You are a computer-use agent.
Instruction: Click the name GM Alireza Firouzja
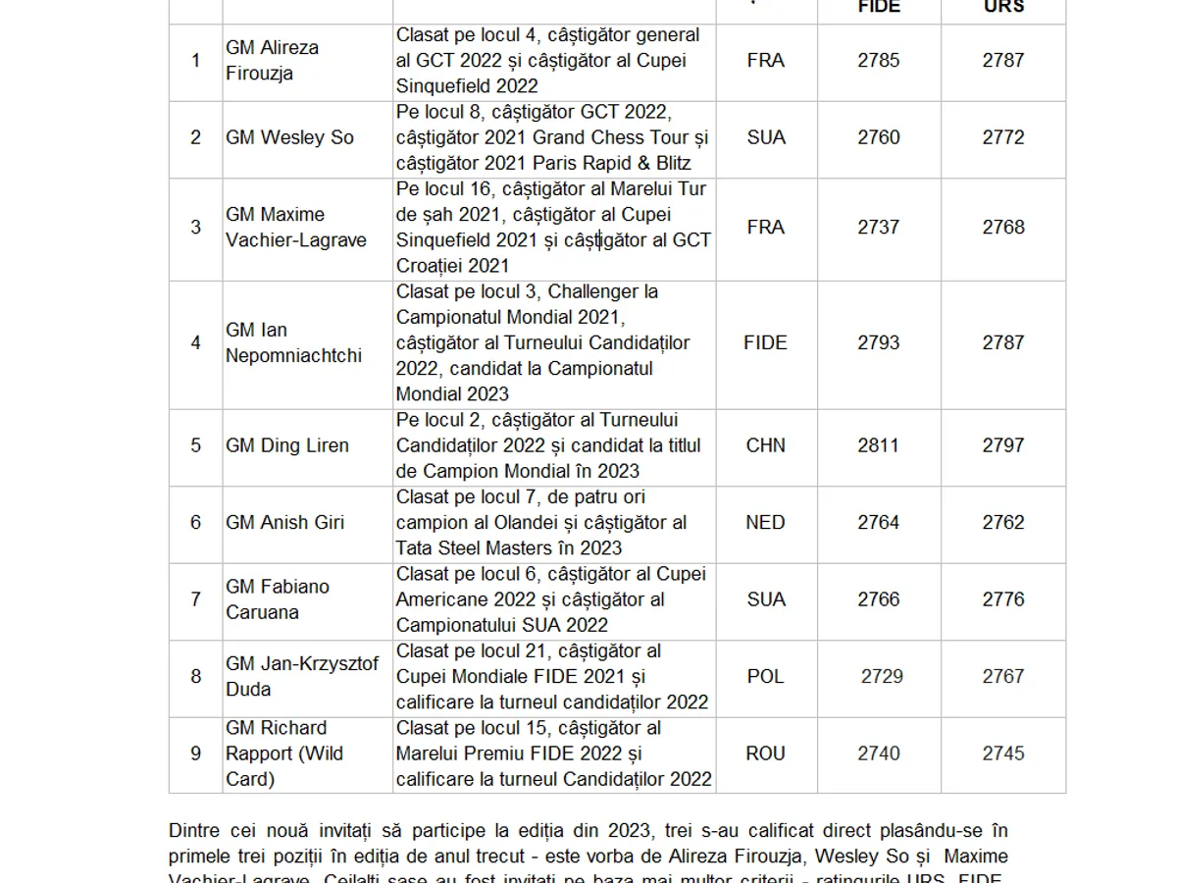click(272, 60)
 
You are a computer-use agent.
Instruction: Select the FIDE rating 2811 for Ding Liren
click(878, 445)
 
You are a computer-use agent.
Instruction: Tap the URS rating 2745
click(1003, 753)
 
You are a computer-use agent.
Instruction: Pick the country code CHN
click(765, 445)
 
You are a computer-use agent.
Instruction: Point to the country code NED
click(765, 522)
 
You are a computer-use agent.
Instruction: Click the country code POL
click(765, 676)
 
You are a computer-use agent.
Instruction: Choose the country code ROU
click(765, 753)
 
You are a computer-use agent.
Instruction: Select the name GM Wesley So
click(289, 137)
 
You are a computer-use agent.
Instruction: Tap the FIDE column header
click(878, 7)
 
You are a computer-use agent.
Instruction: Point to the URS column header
click(1003, 7)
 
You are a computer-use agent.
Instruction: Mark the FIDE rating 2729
click(882, 676)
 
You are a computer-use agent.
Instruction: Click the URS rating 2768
click(1003, 227)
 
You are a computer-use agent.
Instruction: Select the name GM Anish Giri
click(284, 522)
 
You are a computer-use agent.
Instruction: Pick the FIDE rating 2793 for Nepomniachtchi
click(878, 342)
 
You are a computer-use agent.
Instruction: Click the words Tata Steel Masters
click(482, 547)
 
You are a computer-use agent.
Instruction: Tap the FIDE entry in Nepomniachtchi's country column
click(765, 342)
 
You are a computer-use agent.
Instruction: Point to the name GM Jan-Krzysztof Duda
click(301, 676)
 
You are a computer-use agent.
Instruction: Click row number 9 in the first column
click(195, 753)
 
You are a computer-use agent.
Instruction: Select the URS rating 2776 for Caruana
click(1003, 599)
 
